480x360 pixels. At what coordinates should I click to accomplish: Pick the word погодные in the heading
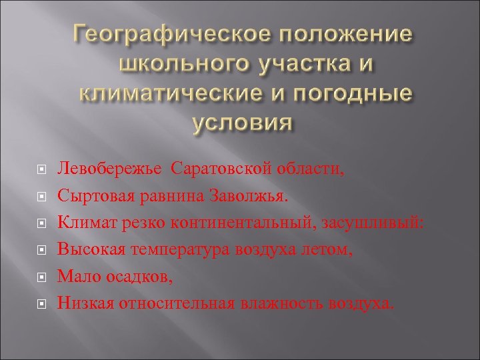354,95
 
